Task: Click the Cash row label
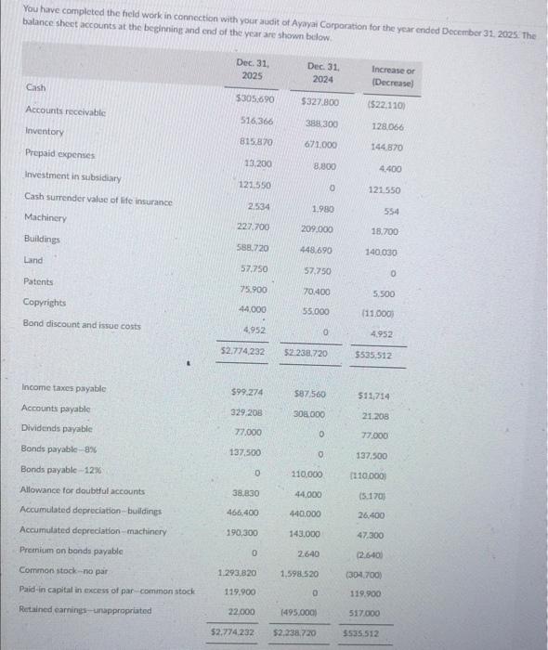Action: (35, 87)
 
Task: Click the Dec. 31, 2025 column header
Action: (251, 68)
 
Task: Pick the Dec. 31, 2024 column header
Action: (321, 71)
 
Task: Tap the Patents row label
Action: (38, 280)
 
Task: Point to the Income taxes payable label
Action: (62, 387)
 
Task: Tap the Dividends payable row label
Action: (57, 428)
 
